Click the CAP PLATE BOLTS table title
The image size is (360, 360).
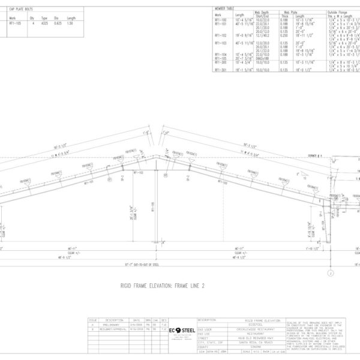(21, 10)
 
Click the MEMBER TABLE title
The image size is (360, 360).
(224, 8)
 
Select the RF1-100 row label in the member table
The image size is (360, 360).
(221, 20)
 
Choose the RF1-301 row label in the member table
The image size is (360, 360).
(221, 69)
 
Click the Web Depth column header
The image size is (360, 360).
(261, 12)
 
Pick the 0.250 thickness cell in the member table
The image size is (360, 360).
(285, 35)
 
